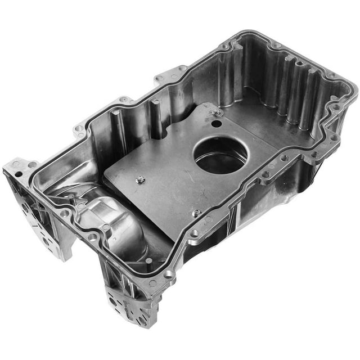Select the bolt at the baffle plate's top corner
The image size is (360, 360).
(x=217, y=113)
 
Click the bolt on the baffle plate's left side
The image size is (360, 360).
(x=141, y=180)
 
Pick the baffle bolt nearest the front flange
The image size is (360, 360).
(x=196, y=213)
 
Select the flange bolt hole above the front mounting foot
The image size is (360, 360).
(x=168, y=274)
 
